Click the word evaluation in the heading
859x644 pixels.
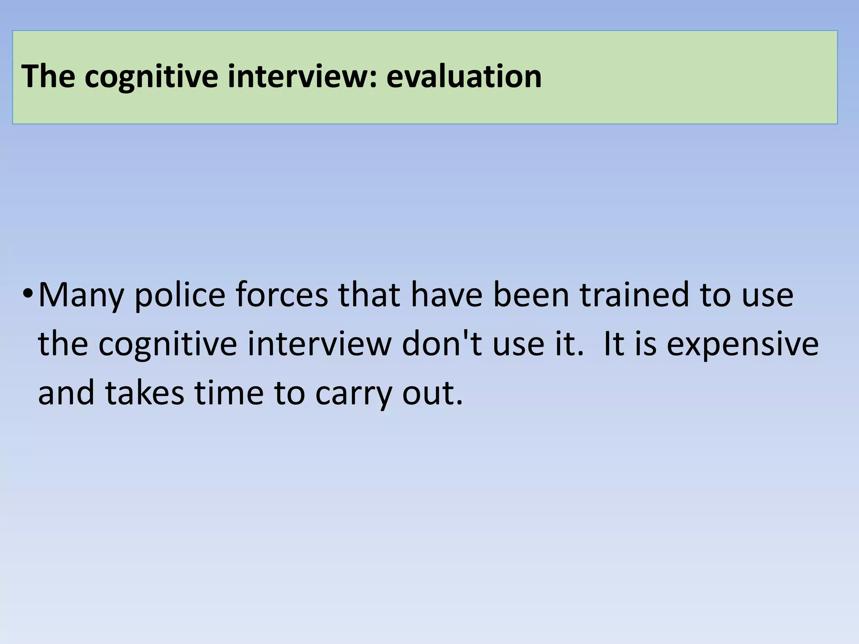(464, 76)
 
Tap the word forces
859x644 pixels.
(281, 295)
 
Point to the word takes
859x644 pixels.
(144, 393)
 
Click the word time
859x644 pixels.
(229, 393)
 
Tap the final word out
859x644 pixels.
(432, 393)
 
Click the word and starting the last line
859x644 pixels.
(66, 393)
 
